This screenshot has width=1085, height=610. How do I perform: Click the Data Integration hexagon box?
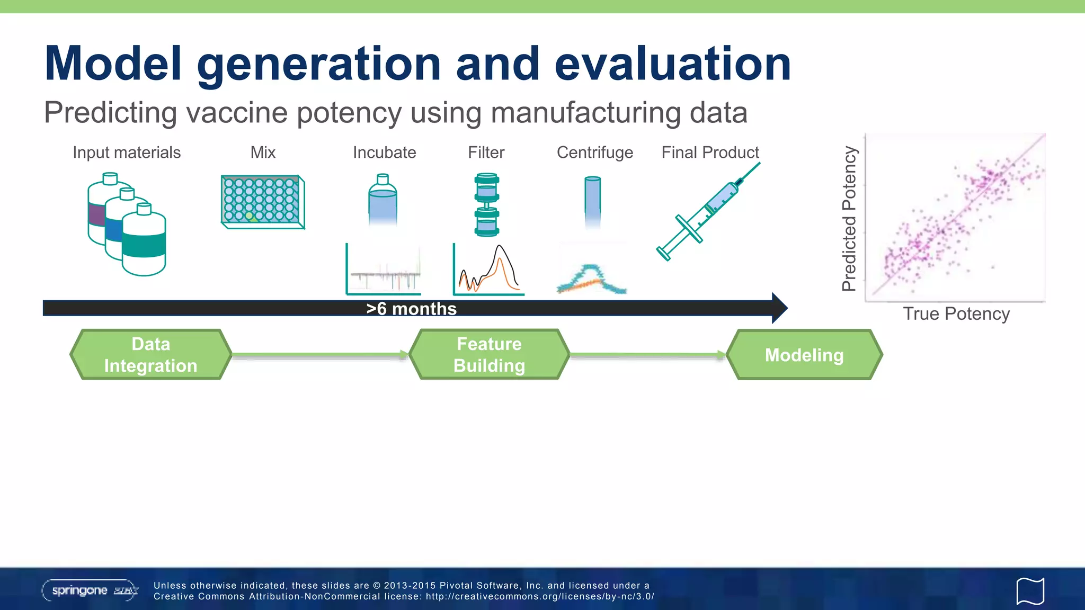tap(151, 355)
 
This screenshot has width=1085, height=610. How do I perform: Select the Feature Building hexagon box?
tap(489, 355)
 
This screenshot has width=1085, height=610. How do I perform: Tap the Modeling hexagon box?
tap(804, 355)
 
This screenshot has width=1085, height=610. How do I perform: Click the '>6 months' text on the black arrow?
tap(411, 309)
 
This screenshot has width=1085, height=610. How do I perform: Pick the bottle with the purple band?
tap(98, 212)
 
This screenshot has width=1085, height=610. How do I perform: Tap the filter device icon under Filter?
tap(486, 204)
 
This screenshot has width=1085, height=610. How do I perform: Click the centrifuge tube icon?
tap(592, 199)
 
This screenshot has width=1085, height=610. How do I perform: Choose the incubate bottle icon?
tap(383, 200)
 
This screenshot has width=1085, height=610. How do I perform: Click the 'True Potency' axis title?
tap(956, 314)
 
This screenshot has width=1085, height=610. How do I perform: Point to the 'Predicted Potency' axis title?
tap(849, 218)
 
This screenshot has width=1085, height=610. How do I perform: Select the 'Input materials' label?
tap(127, 152)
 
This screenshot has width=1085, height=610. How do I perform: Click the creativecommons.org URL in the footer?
tap(540, 597)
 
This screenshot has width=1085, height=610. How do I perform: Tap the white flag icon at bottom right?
tap(1030, 591)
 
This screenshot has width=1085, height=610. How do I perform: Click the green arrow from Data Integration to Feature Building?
tap(320, 355)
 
